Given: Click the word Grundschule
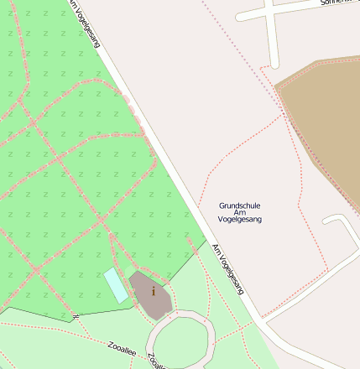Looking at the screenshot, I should coord(240,205).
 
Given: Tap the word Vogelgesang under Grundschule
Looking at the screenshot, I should coord(240,220).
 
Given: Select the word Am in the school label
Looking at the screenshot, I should coord(240,212).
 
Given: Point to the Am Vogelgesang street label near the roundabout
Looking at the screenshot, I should coord(228,268).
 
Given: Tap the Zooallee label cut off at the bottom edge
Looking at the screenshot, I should coord(157,362).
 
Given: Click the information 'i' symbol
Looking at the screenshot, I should coord(154,291).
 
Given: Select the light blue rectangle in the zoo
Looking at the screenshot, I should coord(116,285).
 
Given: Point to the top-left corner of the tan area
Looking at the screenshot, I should coord(276,84).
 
